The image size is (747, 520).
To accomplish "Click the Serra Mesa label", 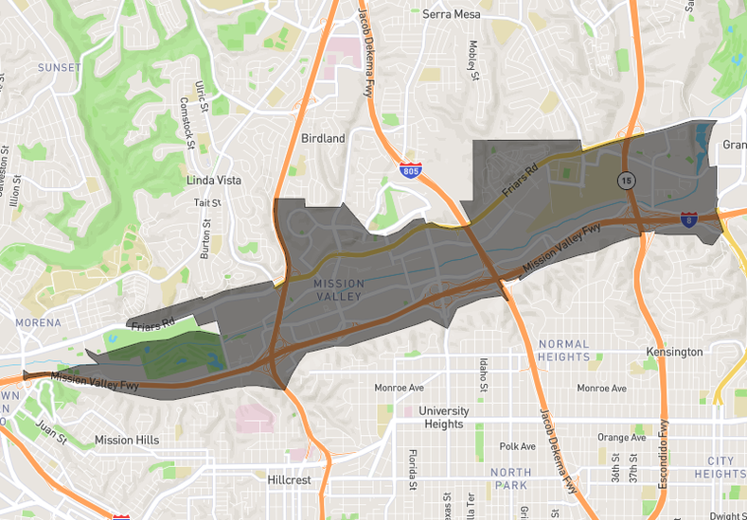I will pos(452,14).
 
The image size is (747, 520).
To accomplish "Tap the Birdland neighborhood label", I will pos(323,138).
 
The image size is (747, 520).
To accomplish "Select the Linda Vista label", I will pos(214,180).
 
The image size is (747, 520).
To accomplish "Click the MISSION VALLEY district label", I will pos(337,289).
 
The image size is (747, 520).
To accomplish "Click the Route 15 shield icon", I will pos(626,179).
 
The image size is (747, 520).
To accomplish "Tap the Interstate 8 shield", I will pos(689,219).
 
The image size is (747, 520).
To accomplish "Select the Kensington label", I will pos(675,352).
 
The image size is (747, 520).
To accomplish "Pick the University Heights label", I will pos(444,417).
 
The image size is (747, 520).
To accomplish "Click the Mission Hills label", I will pos(127,440).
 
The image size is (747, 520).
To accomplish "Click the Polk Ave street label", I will pos(518,446).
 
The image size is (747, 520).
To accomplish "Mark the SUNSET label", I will pos(59,67).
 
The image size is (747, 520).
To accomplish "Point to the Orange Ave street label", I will pos(620,438).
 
